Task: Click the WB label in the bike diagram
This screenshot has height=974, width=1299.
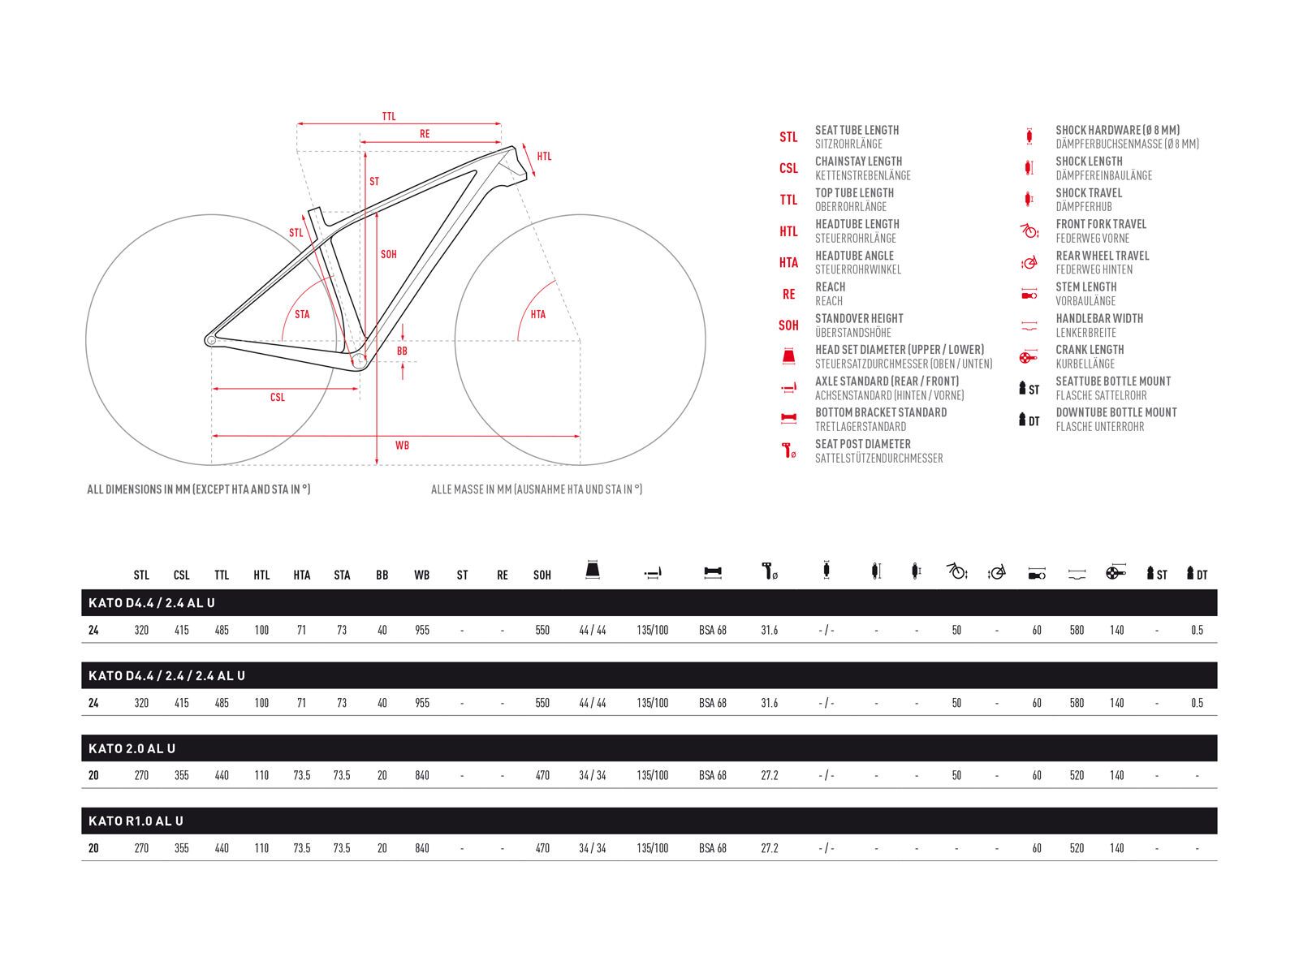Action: pyautogui.click(x=402, y=445)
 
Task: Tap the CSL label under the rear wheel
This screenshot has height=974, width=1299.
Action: pyautogui.click(x=278, y=398)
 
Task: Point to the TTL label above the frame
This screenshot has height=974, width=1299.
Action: pyautogui.click(x=389, y=117)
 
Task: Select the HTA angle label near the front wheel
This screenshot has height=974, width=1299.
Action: pyautogui.click(x=538, y=314)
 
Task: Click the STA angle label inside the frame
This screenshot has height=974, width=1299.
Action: pyautogui.click(x=302, y=314)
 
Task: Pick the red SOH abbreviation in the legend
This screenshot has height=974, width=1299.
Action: pyautogui.click(x=788, y=325)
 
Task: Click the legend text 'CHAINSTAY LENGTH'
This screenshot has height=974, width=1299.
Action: pyautogui.click(x=858, y=162)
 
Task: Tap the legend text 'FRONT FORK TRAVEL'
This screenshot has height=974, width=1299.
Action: pyautogui.click(x=1101, y=224)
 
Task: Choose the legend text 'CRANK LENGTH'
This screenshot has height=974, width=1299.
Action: pyautogui.click(x=1090, y=350)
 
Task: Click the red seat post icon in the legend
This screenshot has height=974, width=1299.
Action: pyautogui.click(x=788, y=450)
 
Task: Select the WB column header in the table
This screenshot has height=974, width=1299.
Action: pyautogui.click(x=422, y=575)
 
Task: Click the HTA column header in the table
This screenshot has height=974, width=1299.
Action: pyautogui.click(x=302, y=575)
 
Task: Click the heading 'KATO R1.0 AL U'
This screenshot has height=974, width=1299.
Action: pyautogui.click(x=136, y=821)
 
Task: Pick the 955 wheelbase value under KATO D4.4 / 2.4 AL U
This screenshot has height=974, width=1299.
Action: pyautogui.click(x=422, y=630)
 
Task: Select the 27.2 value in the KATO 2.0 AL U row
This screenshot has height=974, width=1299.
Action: pyautogui.click(x=770, y=775)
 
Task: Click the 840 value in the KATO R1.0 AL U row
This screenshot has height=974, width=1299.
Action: pyautogui.click(x=422, y=848)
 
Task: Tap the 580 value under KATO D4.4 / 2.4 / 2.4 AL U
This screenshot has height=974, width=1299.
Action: pyautogui.click(x=1077, y=703)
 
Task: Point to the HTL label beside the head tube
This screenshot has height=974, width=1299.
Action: pyautogui.click(x=544, y=156)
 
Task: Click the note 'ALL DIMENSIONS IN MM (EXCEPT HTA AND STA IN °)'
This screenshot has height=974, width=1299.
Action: pyautogui.click(x=199, y=489)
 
